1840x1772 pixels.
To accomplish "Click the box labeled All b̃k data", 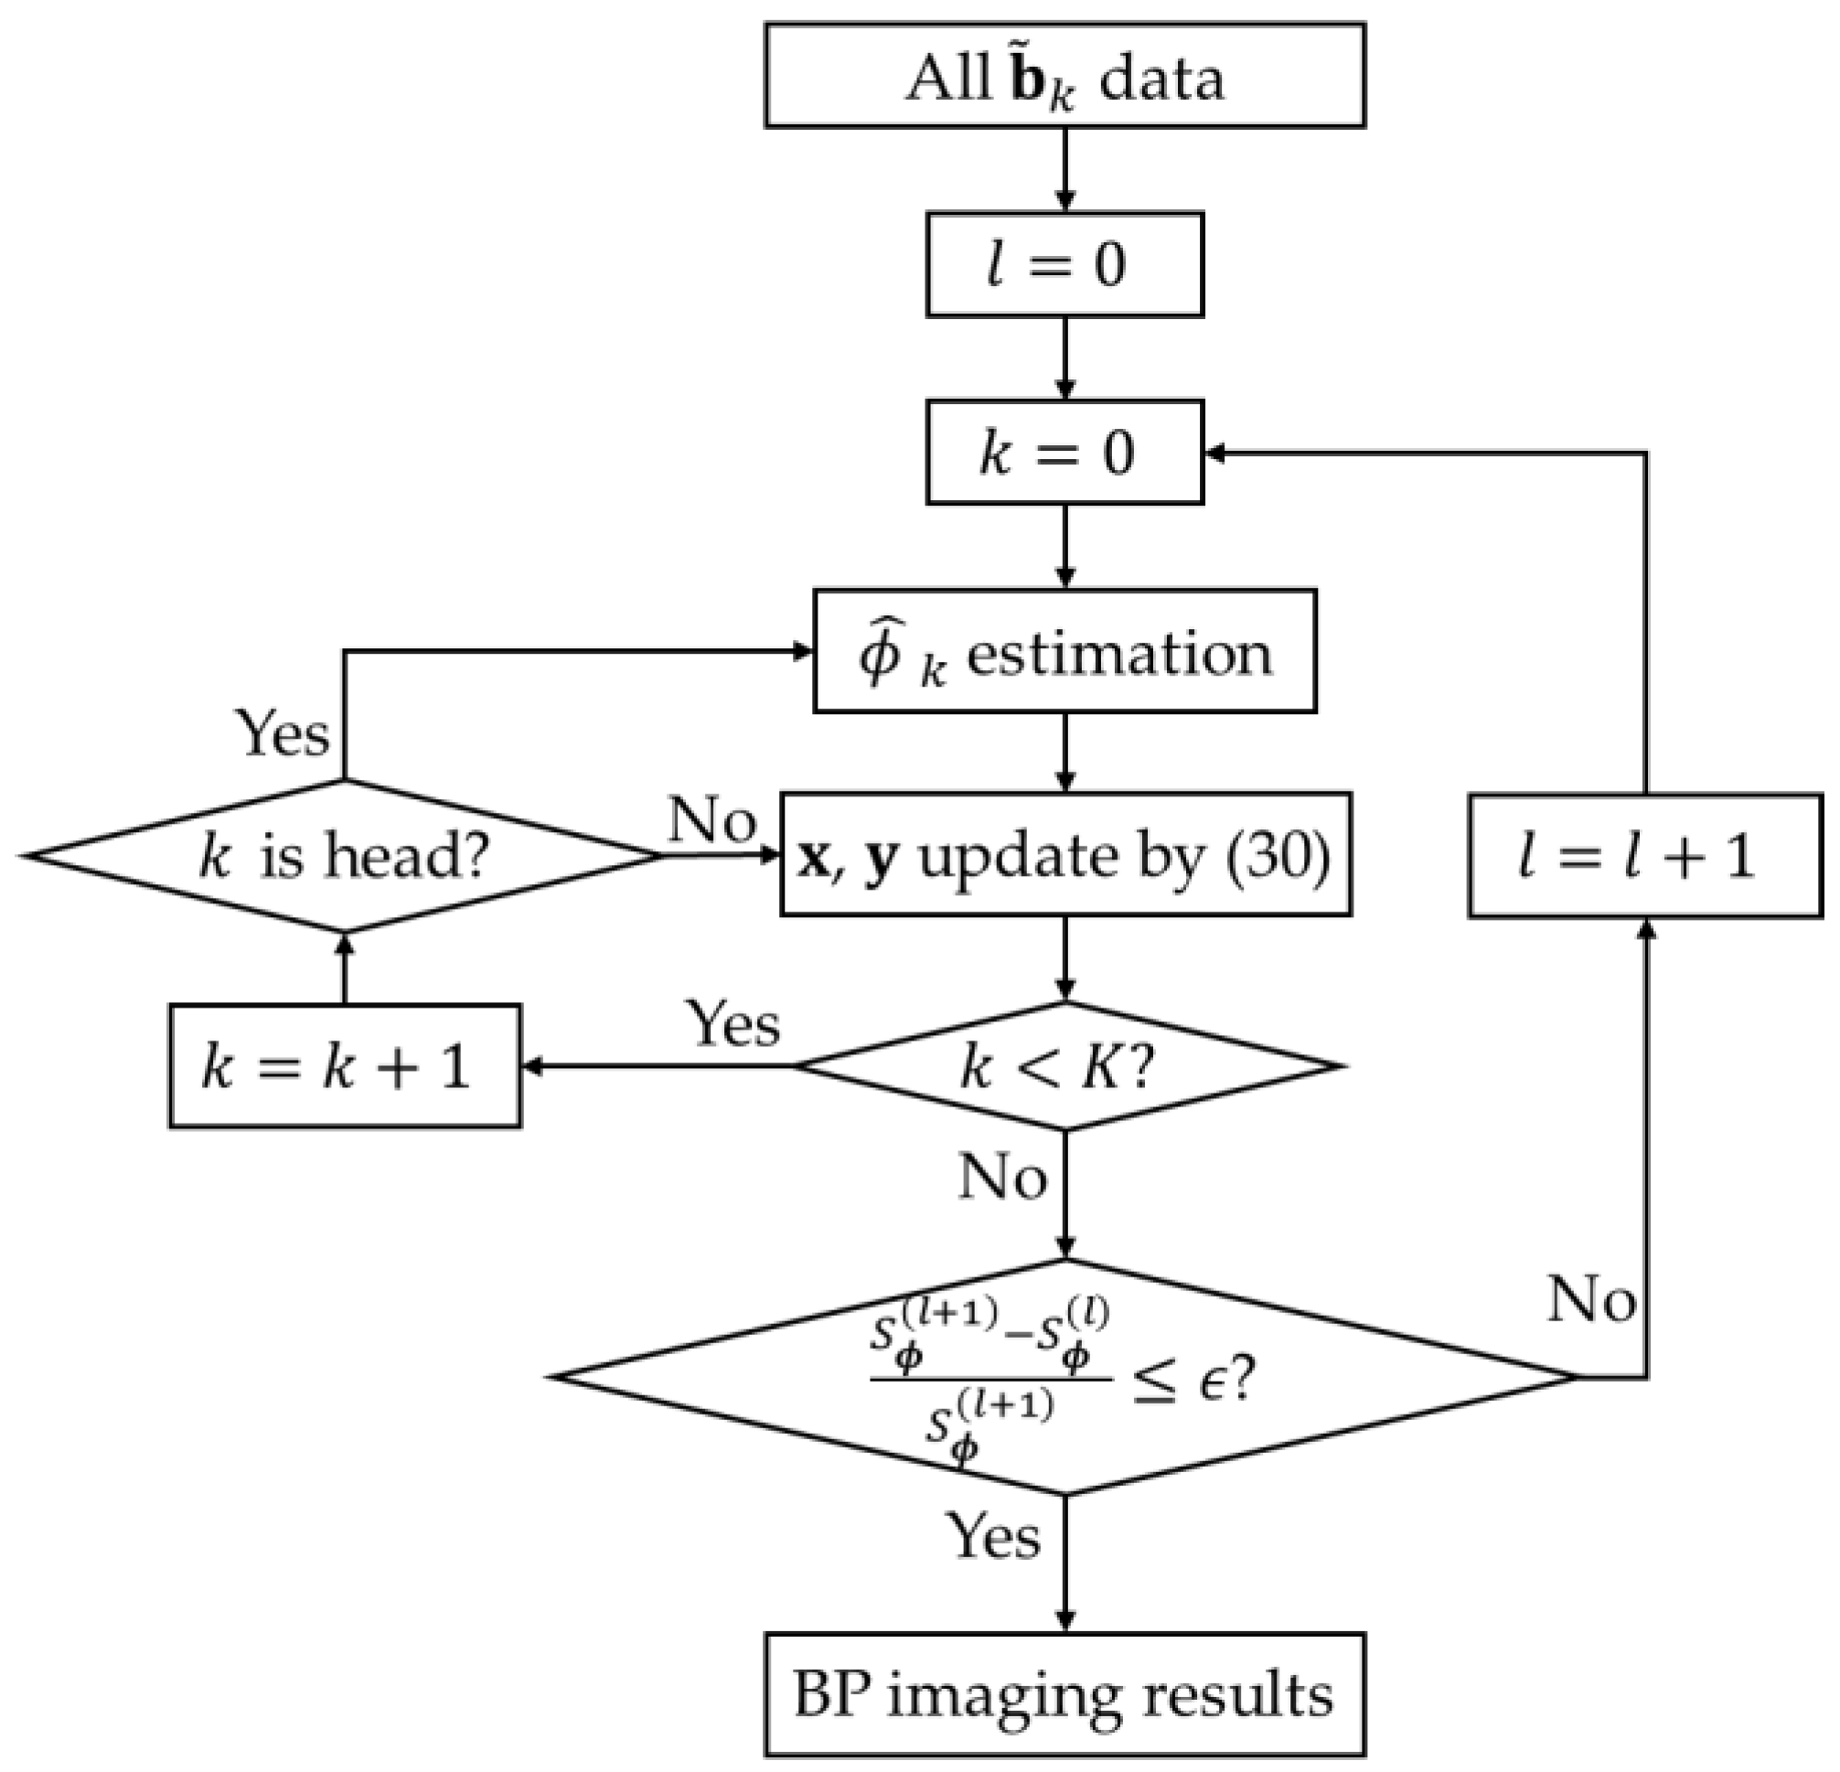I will (x=1064, y=76).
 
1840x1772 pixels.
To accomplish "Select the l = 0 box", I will (x=1064, y=264).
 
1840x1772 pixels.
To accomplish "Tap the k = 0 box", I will (x=1064, y=453).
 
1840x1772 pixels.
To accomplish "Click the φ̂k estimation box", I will (x=1064, y=651).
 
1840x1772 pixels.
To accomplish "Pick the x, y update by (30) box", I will (x=1064, y=854).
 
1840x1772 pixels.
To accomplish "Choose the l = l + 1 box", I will (x=1644, y=856).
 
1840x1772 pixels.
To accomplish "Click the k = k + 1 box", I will (x=345, y=1066).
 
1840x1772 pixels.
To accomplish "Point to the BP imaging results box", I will (x=1064, y=1695).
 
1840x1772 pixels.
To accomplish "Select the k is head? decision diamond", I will (x=345, y=856).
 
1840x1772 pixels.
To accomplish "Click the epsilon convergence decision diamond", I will (x=1064, y=1378).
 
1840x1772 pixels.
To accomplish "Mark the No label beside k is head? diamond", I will (x=712, y=819).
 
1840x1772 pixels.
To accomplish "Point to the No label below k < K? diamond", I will (x=1002, y=1176).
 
